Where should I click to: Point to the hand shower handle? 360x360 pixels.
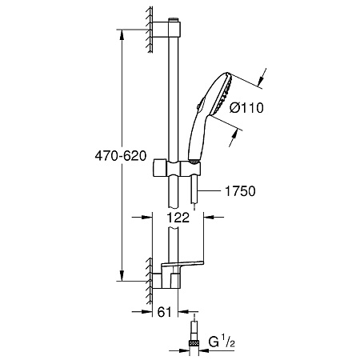pos(196,136)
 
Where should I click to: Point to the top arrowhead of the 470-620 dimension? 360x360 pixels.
pos(121,37)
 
